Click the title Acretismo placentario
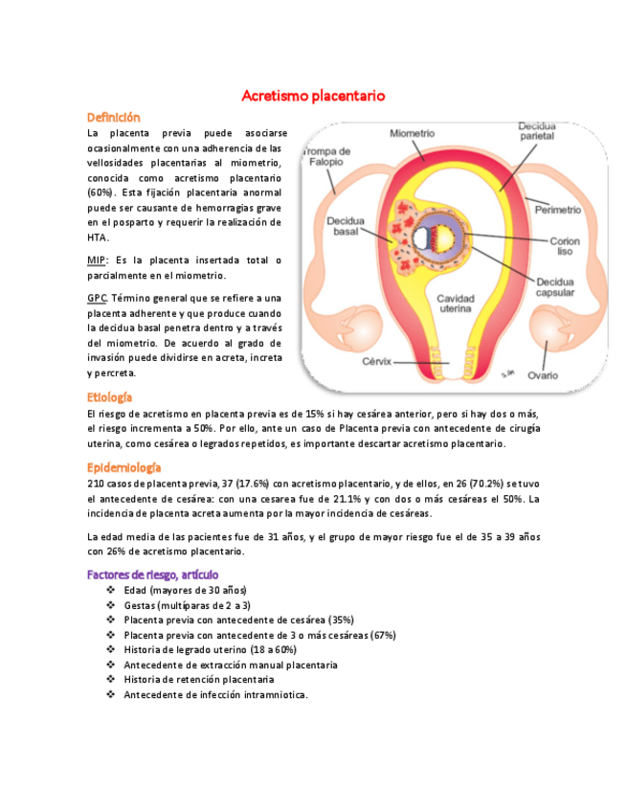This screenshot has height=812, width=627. point(313,96)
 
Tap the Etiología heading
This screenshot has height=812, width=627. point(109,396)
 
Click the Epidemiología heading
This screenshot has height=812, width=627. point(123,467)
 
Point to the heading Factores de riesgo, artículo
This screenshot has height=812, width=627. point(153,574)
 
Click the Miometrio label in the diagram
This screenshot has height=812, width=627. point(413,134)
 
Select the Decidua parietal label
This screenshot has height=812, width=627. point(536,131)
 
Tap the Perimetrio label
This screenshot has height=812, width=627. point(558,208)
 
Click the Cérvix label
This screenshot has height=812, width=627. point(380,362)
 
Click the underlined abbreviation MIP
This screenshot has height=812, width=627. point(97,260)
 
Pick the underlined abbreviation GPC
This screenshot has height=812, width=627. point(96,298)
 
